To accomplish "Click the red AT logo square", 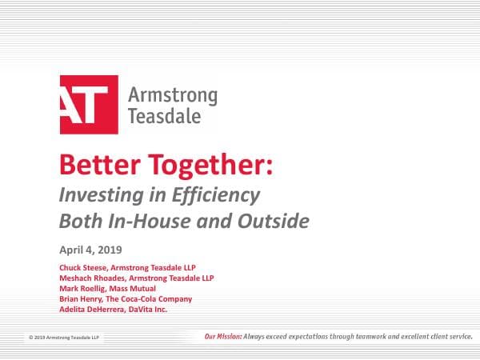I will tap(89, 105).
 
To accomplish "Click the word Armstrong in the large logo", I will tap(172, 97).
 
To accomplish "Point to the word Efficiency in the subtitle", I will tap(221, 194).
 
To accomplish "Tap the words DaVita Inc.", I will tap(149, 309).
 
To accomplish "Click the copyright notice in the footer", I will tap(62, 338).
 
